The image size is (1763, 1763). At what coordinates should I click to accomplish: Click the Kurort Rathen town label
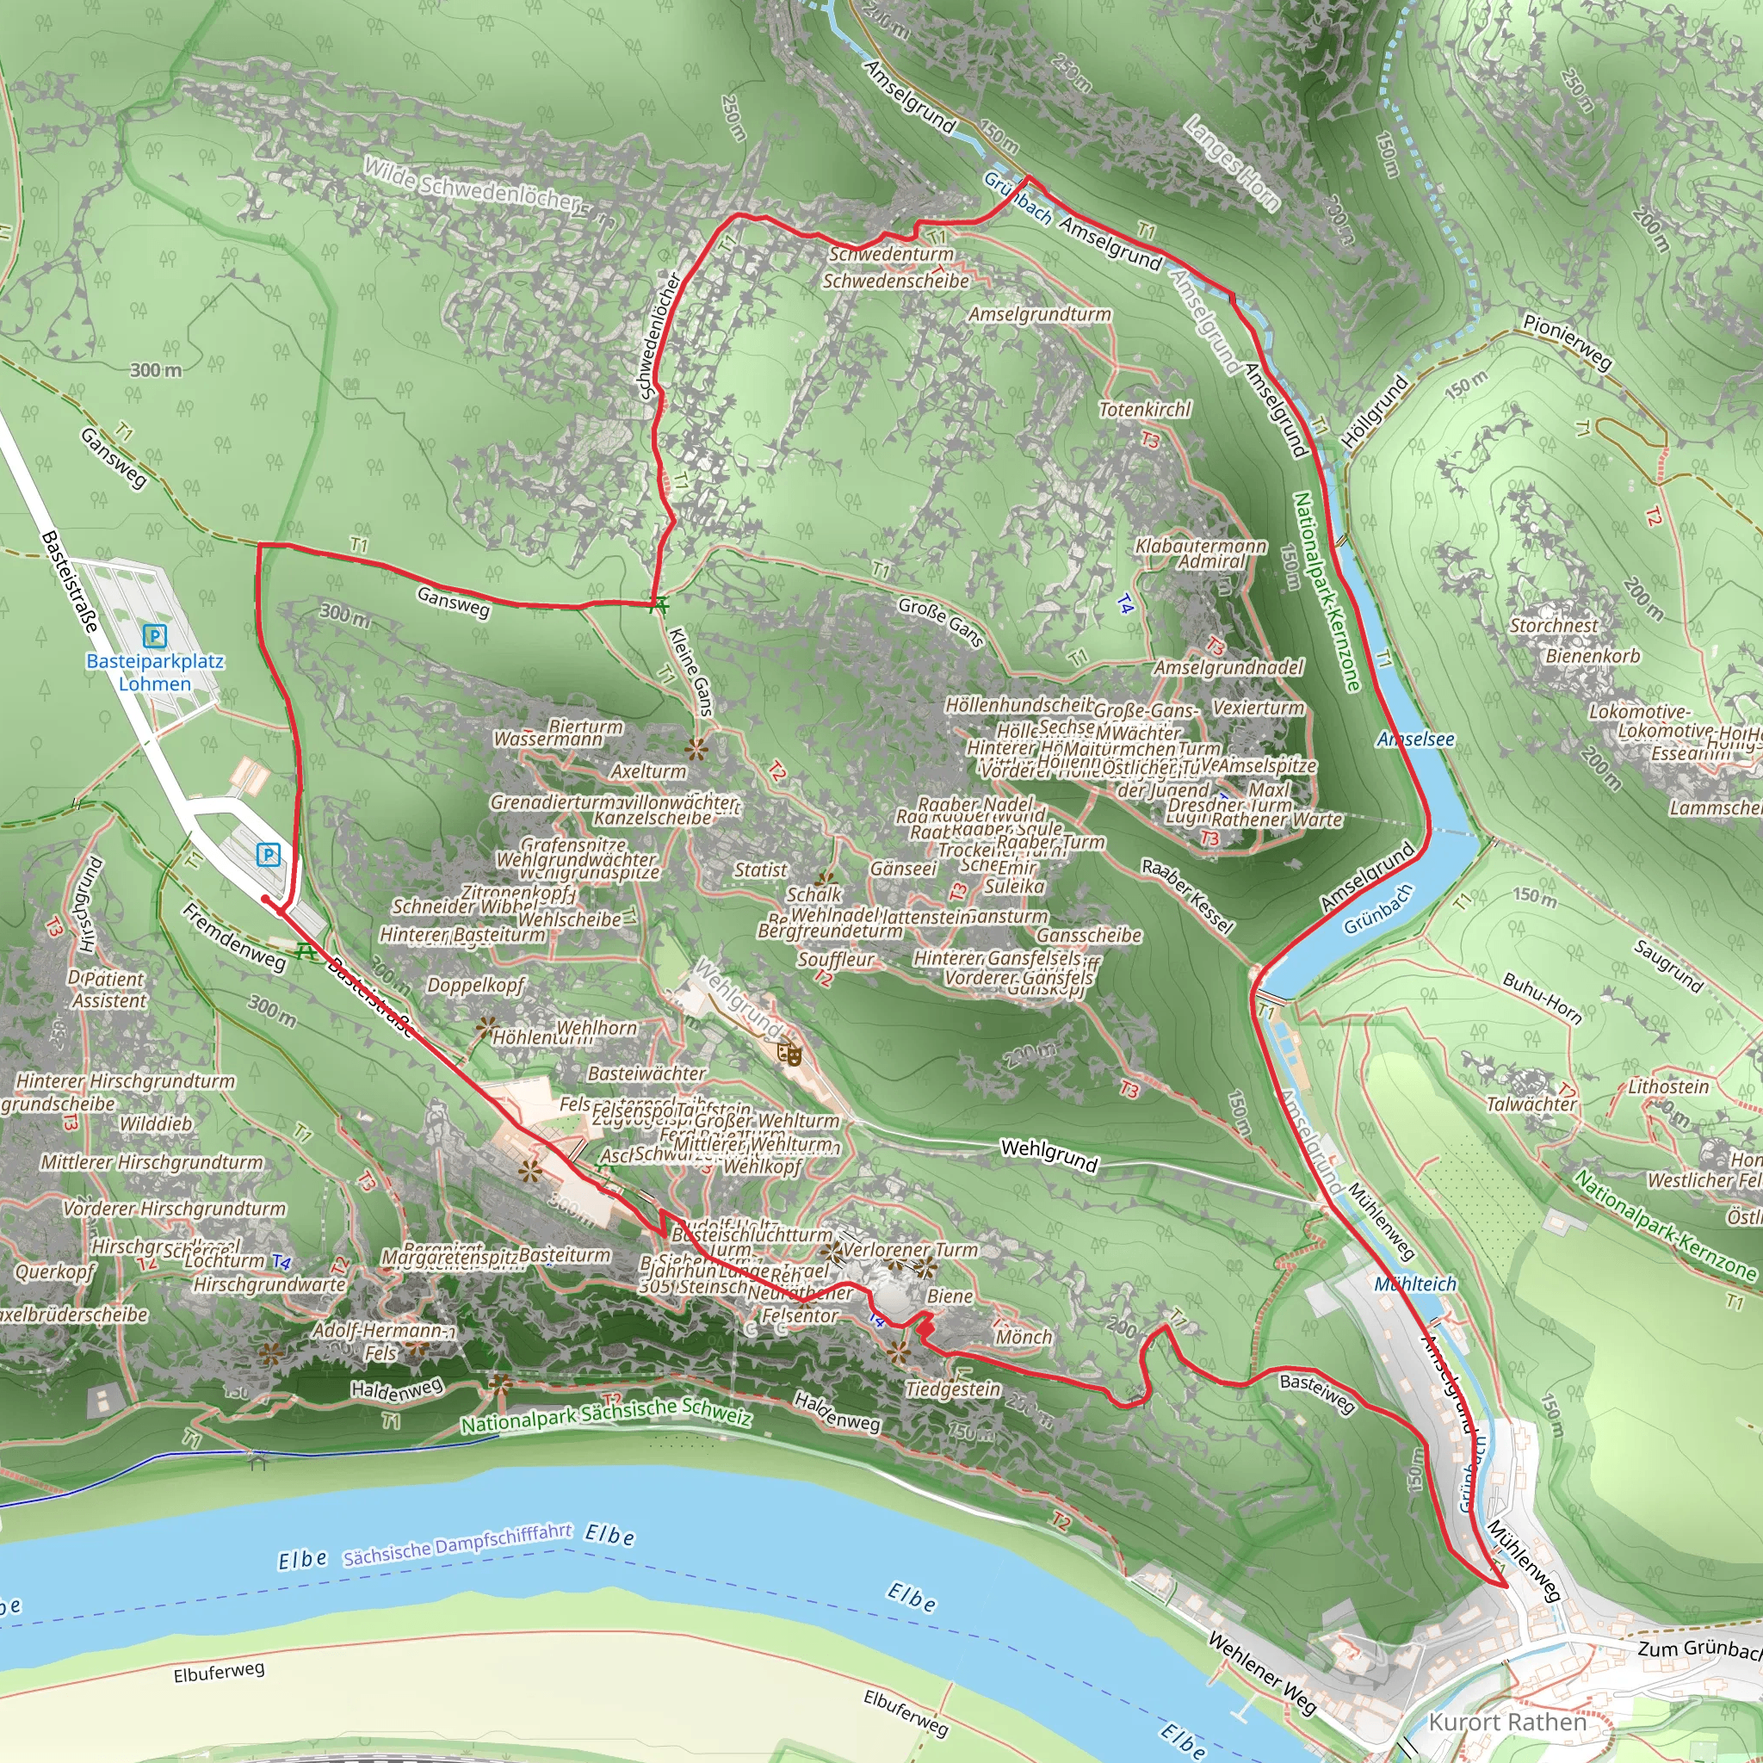click(x=1506, y=1722)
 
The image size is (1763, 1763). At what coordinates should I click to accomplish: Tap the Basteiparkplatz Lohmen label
click(x=155, y=672)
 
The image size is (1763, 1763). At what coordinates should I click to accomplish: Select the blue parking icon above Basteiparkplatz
click(x=155, y=635)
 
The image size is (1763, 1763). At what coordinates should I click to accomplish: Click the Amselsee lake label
click(x=1415, y=739)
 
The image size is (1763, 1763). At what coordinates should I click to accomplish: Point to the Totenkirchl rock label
click(x=1144, y=410)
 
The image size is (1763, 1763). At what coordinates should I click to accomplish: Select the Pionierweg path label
click(x=1567, y=340)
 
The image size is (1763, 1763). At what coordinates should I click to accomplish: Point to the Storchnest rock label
click(x=1553, y=626)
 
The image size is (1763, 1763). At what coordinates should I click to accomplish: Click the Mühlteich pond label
click(x=1415, y=1284)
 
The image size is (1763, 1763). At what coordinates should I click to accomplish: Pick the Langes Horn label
click(x=1232, y=162)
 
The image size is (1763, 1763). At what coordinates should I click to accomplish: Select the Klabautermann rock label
click(x=1201, y=546)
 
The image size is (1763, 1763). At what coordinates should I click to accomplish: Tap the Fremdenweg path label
click(x=233, y=936)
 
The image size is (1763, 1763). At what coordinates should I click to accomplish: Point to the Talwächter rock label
click(x=1531, y=1104)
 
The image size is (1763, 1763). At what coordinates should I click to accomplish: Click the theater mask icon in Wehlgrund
click(x=792, y=1055)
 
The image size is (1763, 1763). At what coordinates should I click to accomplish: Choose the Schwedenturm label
click(x=891, y=255)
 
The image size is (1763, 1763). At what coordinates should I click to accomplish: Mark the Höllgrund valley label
click(x=1374, y=411)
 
